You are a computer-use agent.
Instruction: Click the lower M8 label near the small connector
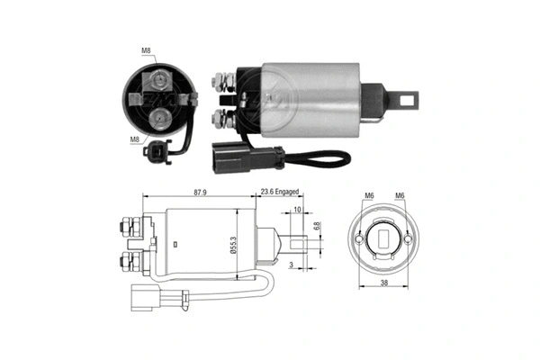(134, 139)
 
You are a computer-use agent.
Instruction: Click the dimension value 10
(298, 211)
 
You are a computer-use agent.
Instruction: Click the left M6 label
(369, 197)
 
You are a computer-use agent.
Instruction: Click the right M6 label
(400, 197)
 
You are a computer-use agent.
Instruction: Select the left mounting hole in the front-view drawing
(360, 241)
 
